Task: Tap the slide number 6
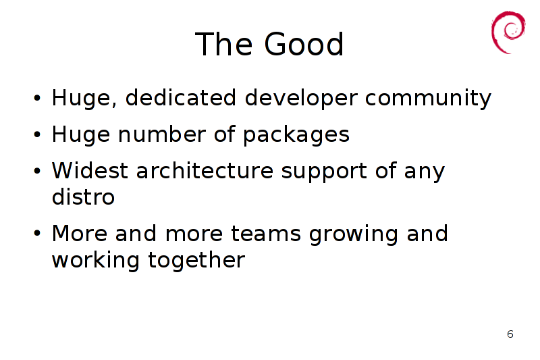click(510, 334)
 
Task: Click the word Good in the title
click(304, 44)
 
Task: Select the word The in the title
click(223, 44)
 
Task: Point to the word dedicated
click(181, 97)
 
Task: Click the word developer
click(301, 99)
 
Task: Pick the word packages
click(296, 135)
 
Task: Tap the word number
click(162, 134)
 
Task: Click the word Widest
click(90, 170)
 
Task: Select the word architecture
click(205, 170)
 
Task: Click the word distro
click(83, 197)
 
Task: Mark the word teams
click(266, 234)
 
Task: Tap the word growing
click(354, 234)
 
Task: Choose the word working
click(96, 261)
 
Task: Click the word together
click(196, 261)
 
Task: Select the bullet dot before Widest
click(37, 170)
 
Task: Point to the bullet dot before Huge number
click(37, 134)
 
